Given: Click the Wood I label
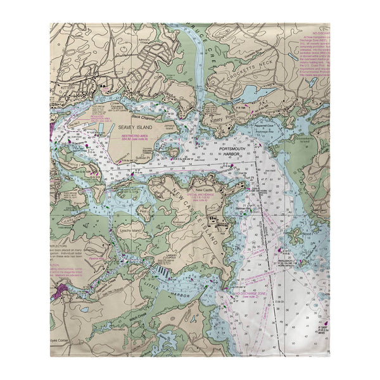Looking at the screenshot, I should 307,233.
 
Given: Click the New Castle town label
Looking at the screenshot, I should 205,189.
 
